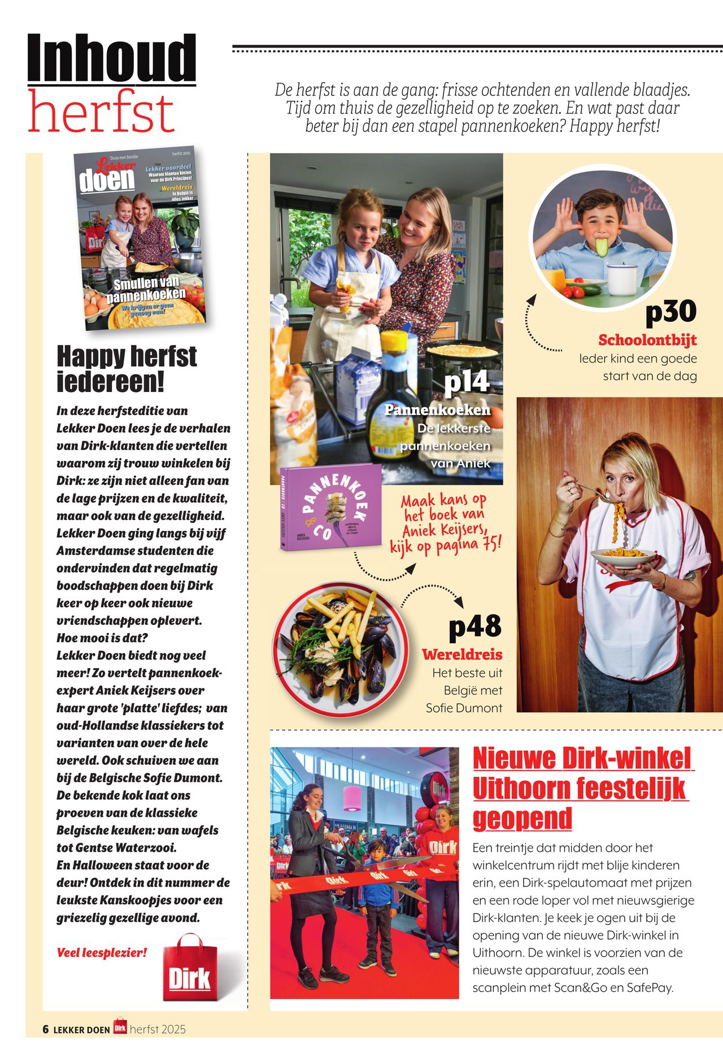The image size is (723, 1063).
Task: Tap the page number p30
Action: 670,311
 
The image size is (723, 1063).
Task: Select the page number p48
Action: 474,627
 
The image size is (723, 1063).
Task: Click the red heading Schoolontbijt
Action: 647,340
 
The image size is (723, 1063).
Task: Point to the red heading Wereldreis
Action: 462,655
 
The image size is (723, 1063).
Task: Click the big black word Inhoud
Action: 112,58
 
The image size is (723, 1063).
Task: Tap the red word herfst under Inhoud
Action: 101,112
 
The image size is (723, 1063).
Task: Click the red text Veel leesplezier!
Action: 102,953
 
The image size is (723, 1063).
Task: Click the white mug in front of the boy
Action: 622,279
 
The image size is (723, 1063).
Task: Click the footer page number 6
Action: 46,1029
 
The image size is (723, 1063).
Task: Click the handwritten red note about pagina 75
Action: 445,523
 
